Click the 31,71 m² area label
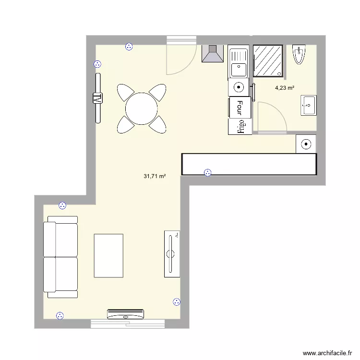155,176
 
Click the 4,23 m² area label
285,88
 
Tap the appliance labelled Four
240,108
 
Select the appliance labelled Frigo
240,127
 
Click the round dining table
142,108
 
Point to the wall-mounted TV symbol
98,98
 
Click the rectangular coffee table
108,256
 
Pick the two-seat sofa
60,257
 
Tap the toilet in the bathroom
299,54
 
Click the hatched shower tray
268,61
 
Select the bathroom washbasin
309,106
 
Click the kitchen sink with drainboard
239,61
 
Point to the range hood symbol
213,53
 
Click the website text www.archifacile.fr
327,353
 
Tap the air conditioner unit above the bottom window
126,314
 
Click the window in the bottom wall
128,324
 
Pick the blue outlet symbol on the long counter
207,173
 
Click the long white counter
249,164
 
